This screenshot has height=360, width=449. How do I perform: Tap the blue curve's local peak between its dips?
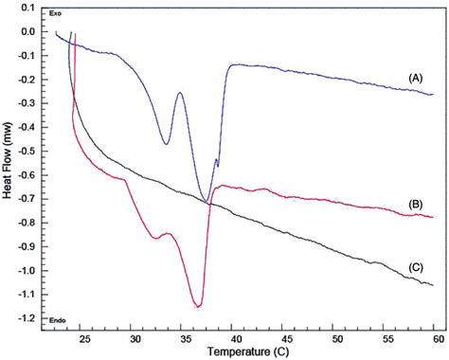click(180, 93)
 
